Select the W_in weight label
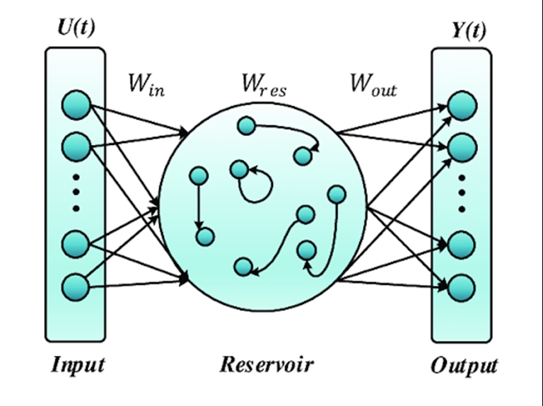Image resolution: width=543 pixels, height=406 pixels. pos(146,85)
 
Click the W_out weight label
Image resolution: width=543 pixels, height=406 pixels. pos(373,85)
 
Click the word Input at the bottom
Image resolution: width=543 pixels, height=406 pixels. pos(78,365)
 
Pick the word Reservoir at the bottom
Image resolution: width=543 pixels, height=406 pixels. pos(266,365)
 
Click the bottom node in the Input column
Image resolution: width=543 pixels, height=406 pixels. pos(76,287)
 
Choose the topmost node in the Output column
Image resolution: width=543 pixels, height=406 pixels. pos(462,105)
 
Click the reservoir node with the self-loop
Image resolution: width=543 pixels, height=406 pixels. pos(240,170)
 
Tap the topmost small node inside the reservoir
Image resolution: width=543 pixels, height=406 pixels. pos(246,127)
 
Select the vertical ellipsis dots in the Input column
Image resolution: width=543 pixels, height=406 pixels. pos(76,194)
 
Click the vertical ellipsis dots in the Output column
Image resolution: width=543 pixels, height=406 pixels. pos(462,193)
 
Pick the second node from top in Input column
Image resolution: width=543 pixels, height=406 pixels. pos(76,147)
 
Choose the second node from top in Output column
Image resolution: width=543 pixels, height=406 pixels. pos(462,148)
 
